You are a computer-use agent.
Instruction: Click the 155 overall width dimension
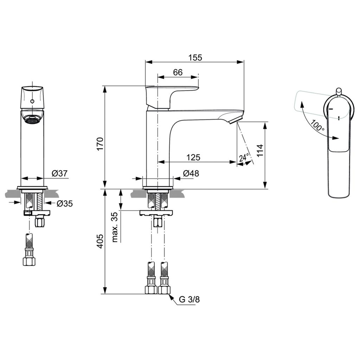[195, 57]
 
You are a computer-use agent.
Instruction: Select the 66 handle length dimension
[178, 72]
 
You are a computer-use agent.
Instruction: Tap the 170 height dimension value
[100, 144]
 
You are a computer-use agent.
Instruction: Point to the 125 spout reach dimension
[193, 157]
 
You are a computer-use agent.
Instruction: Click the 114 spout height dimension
[260, 150]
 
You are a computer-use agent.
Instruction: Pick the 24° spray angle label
[244, 157]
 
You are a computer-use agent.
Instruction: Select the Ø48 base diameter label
[191, 173]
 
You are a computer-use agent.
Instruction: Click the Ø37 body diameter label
[60, 173]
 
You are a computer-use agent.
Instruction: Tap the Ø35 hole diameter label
[65, 203]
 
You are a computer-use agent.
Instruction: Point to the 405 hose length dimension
[100, 241]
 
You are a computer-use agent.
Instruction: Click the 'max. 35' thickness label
[115, 227]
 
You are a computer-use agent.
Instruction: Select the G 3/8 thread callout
[189, 300]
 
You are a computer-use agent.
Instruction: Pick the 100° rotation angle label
[317, 126]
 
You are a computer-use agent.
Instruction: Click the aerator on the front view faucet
[32, 120]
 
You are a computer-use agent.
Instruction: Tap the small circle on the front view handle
[32, 101]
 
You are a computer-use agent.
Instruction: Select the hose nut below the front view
[29, 261]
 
